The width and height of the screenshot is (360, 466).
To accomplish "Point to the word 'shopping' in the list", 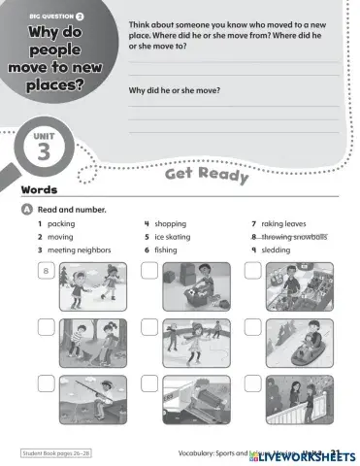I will click(170, 223).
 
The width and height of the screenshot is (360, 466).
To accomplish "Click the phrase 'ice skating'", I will click(172, 236).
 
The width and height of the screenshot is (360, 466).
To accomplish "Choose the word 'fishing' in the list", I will click(166, 250).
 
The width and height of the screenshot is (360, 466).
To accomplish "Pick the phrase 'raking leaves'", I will click(283, 223).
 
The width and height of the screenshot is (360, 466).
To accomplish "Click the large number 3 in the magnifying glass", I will click(48, 151).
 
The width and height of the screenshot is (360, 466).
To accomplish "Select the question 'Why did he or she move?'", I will click(175, 90).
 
